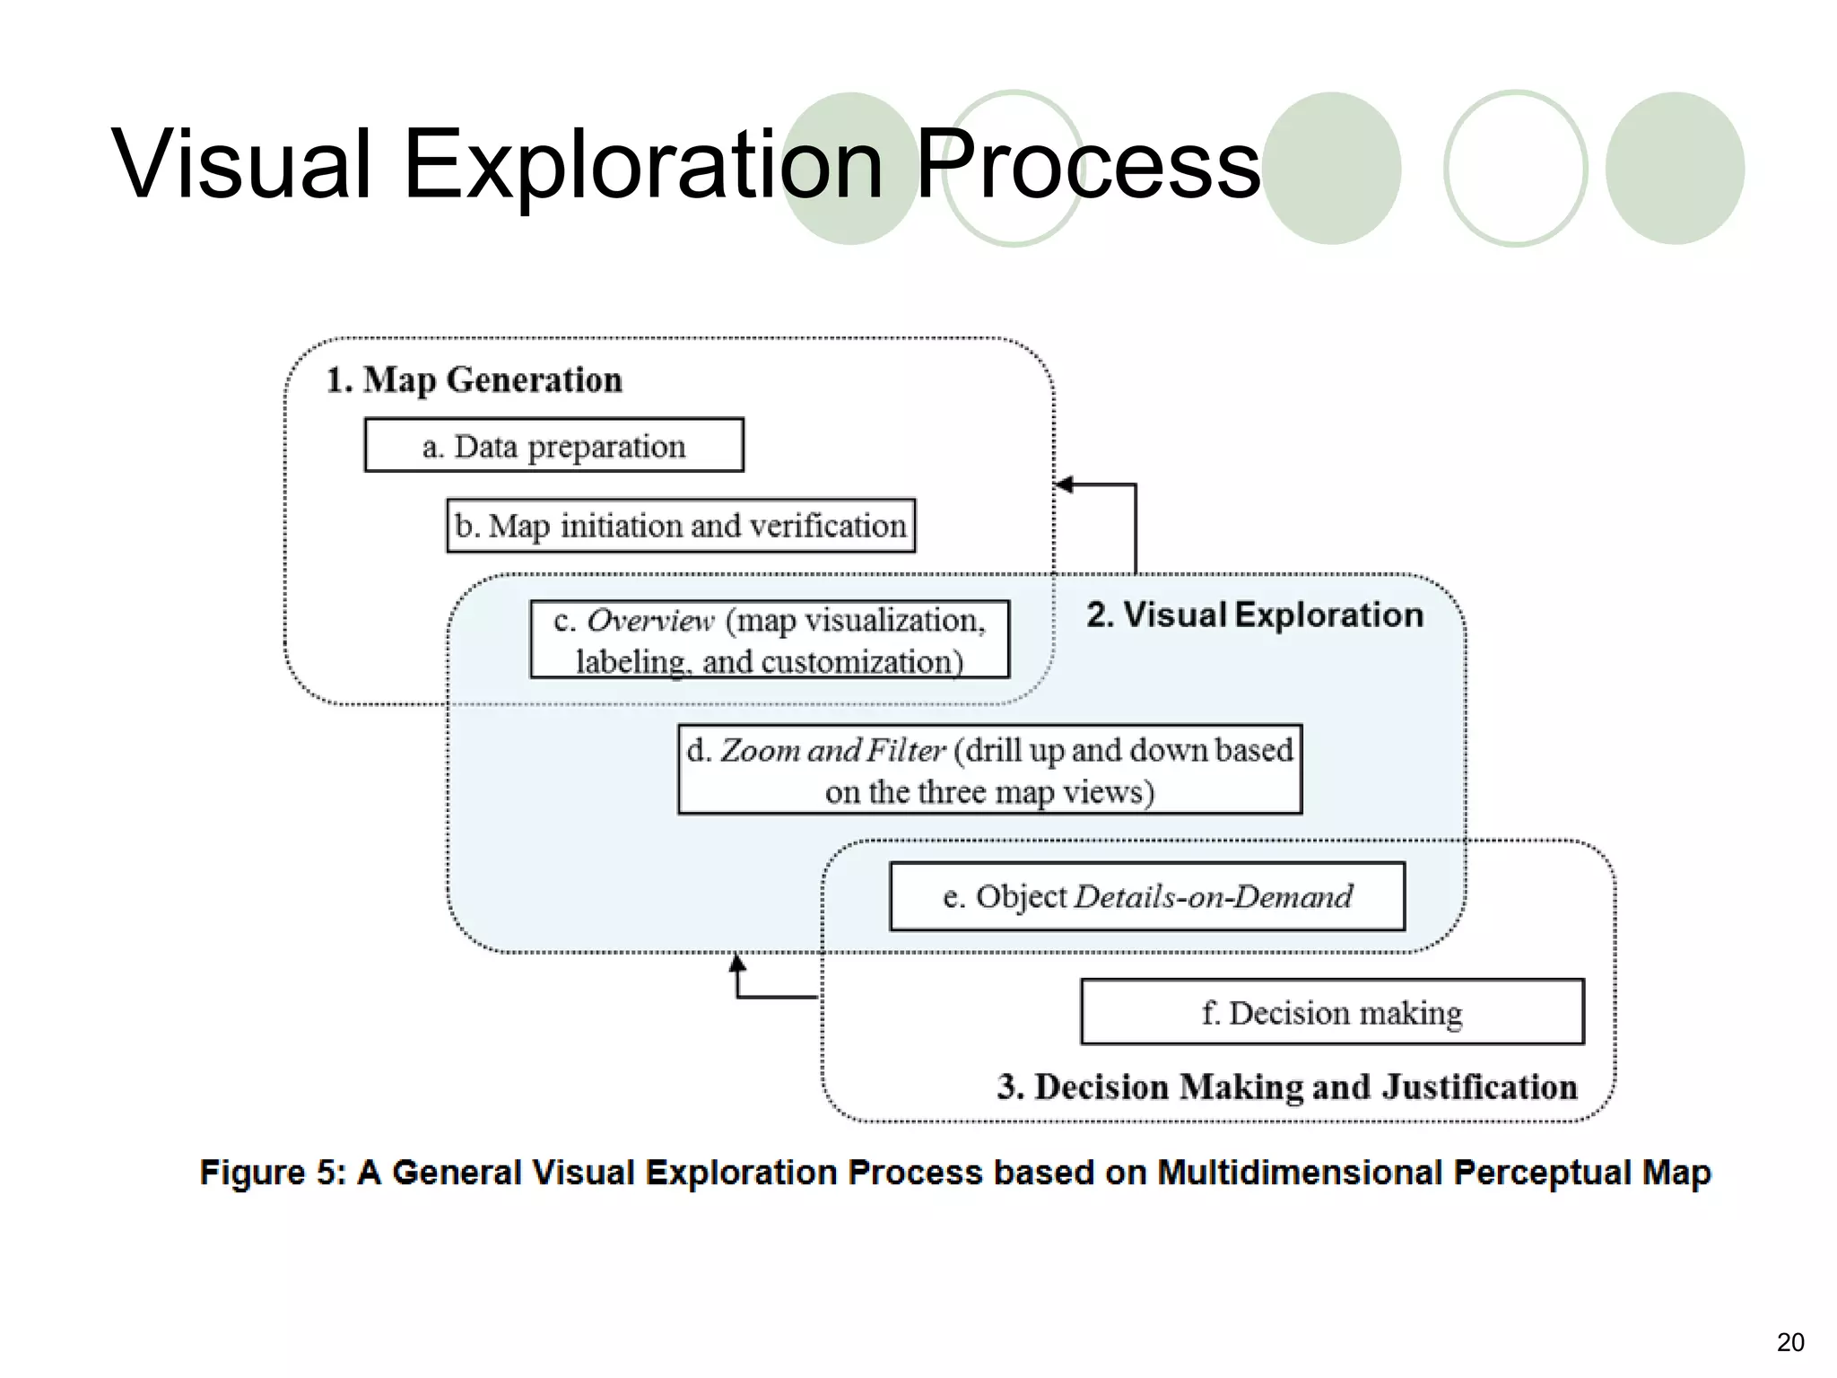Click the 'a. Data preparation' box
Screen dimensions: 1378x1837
(x=553, y=445)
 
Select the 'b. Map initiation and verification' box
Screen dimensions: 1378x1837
(x=681, y=526)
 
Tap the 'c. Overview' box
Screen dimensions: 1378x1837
(x=770, y=640)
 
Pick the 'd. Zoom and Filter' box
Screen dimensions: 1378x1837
(x=989, y=770)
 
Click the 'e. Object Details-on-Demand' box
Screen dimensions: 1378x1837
(x=1147, y=896)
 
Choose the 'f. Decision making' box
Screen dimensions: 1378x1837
(x=1332, y=1012)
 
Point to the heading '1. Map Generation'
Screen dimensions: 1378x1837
(x=474, y=379)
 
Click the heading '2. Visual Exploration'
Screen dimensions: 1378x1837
(x=1254, y=615)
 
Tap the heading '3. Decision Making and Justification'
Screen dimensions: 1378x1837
(x=1286, y=1086)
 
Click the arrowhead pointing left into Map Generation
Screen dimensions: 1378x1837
(x=1064, y=484)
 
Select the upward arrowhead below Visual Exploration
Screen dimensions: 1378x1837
(x=737, y=964)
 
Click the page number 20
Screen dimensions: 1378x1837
(x=1789, y=1342)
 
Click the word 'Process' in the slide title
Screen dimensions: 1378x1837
(x=1087, y=165)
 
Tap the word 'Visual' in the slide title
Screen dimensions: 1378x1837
(x=240, y=165)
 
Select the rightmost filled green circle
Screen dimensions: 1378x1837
(x=1674, y=168)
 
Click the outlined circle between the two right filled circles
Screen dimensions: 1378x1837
(x=1515, y=168)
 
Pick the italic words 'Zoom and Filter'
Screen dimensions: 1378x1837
(x=832, y=750)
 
